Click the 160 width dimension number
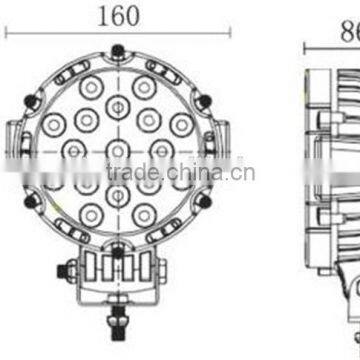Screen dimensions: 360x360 coord(118,15)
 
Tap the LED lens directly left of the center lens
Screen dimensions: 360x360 coord(75,150)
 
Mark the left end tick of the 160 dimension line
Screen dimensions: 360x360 coord(8,32)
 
